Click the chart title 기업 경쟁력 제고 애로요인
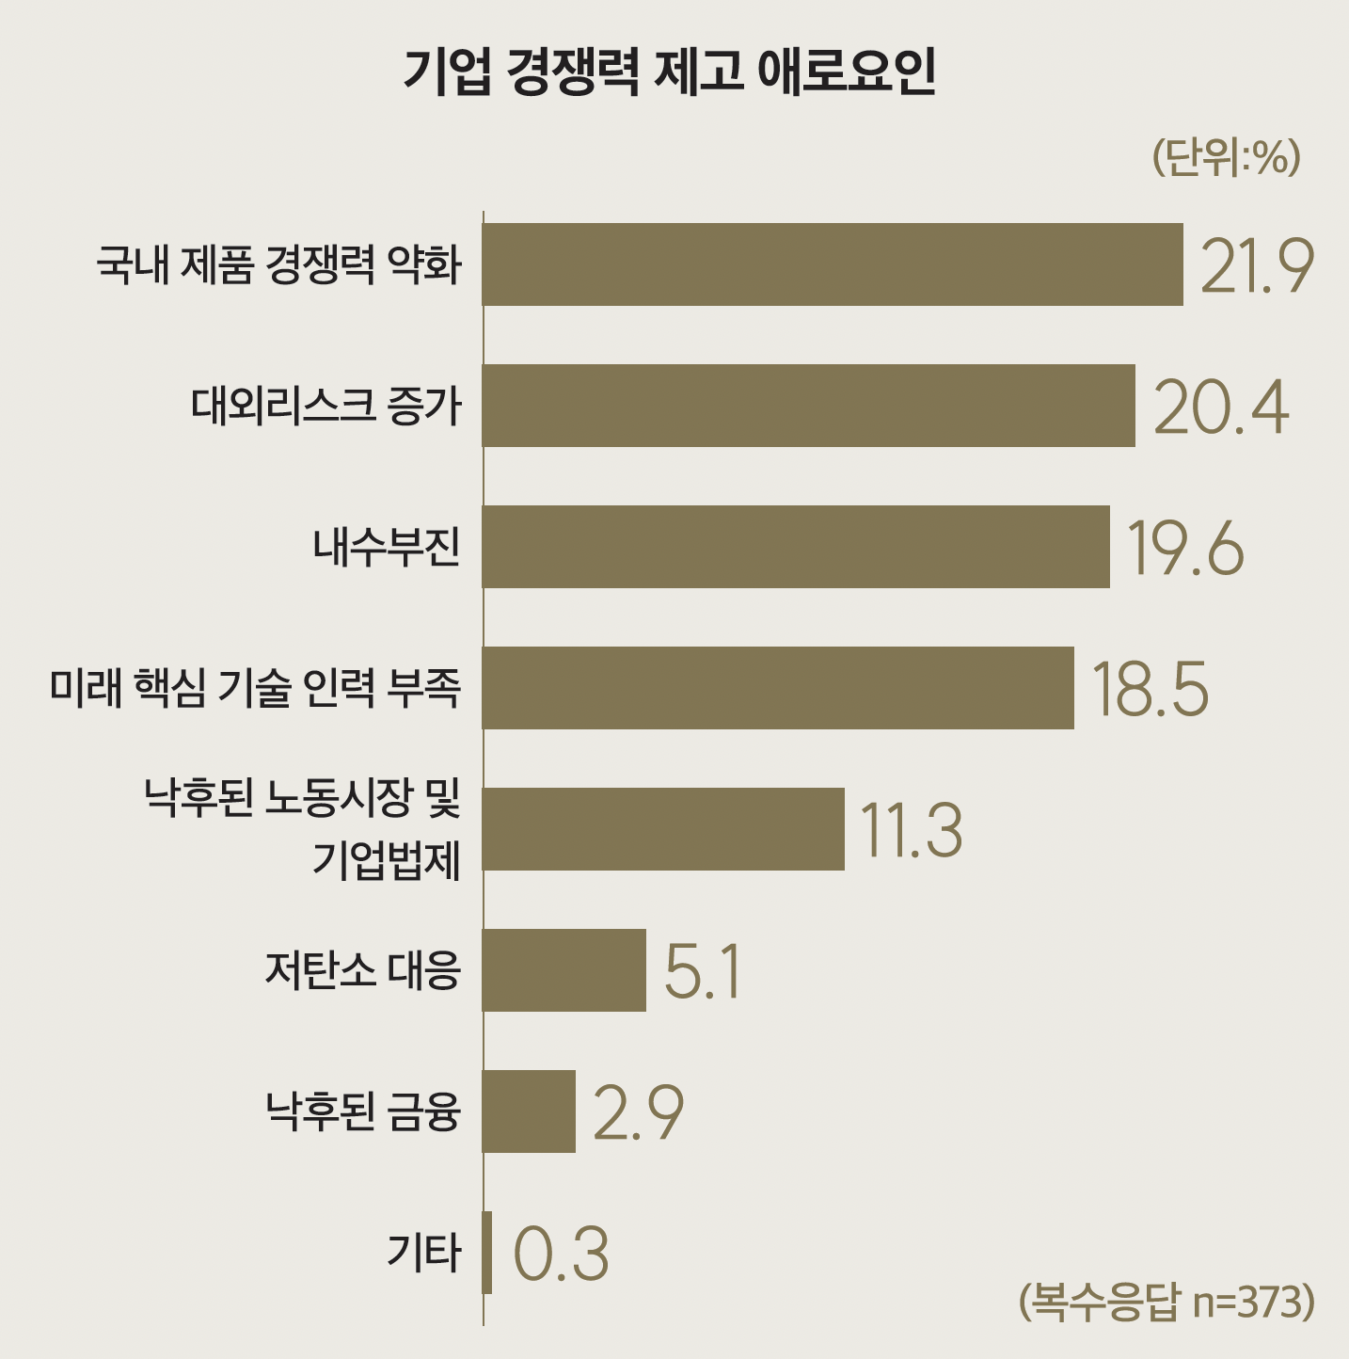point(670,72)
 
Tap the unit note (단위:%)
point(1226,157)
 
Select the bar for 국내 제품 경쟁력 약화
point(833,264)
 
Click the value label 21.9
point(1257,266)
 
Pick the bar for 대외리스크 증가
point(808,406)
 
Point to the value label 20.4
point(1221,408)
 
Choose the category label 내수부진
point(387,547)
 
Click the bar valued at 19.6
point(796,547)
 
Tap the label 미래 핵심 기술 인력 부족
point(256,688)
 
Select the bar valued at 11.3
point(663,829)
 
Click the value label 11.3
point(911,831)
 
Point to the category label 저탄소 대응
point(363,970)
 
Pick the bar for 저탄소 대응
point(564,970)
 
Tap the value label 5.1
point(703,972)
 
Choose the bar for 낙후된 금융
point(529,1111)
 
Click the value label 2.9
point(638,1113)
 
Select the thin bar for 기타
point(487,1253)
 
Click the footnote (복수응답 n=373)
point(1166,1302)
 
